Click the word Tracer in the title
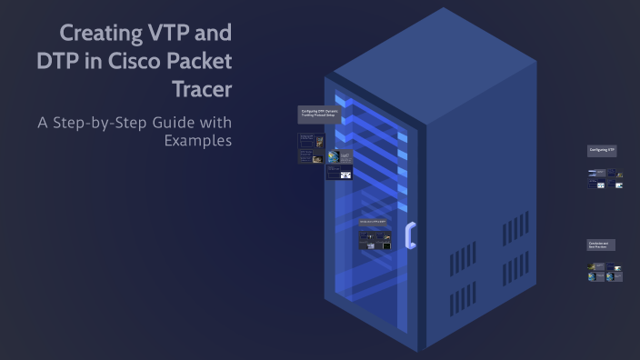[202, 91]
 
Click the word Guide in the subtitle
[177, 122]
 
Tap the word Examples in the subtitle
[197, 140]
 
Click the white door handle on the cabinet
[410, 235]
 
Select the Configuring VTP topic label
[602, 150]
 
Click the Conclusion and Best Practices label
[601, 245]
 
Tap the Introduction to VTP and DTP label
[373, 222]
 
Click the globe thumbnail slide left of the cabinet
[334, 156]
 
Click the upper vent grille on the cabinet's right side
[515, 229]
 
